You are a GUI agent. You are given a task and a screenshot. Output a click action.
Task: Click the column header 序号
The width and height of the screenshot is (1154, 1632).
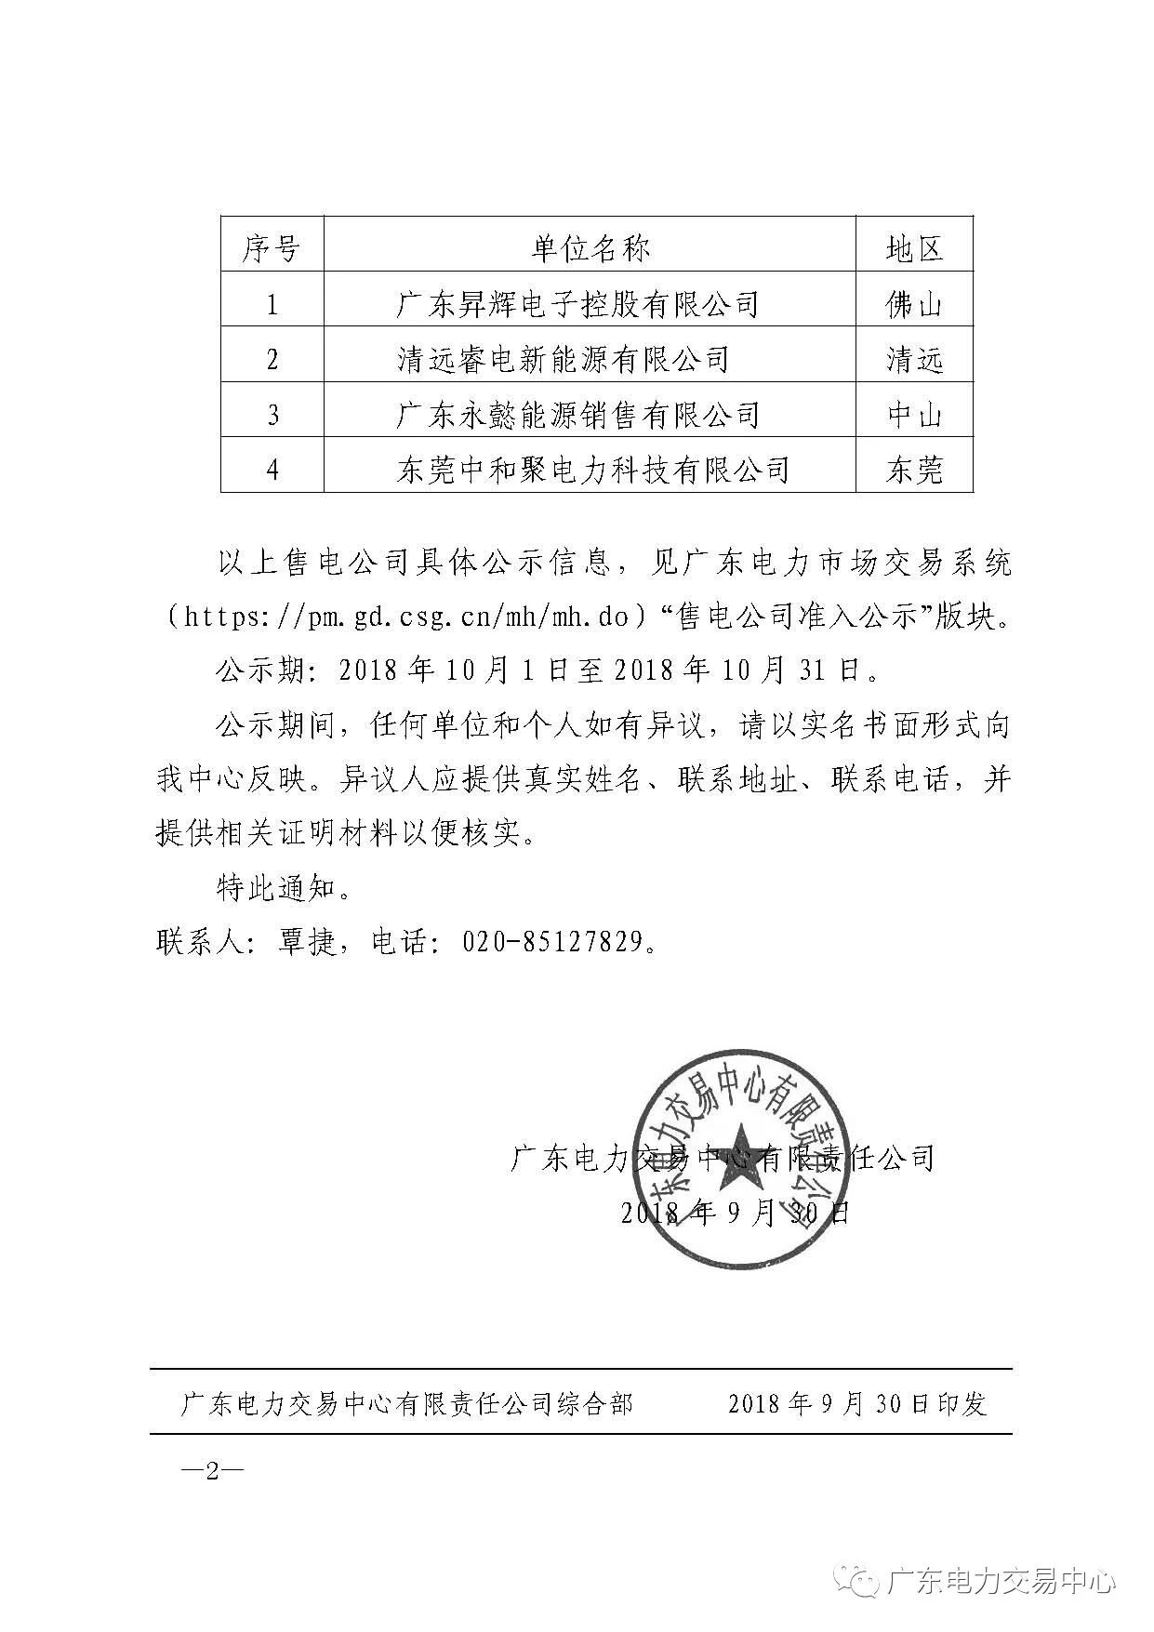(272, 248)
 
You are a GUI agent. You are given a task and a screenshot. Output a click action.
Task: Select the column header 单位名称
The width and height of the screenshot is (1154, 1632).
(590, 248)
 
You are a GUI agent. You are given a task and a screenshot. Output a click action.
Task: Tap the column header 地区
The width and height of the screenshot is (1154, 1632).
(914, 248)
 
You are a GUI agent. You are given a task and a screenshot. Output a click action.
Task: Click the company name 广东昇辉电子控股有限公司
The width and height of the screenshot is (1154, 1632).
(577, 304)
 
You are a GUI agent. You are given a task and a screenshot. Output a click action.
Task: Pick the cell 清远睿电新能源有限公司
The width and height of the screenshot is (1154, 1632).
(562, 359)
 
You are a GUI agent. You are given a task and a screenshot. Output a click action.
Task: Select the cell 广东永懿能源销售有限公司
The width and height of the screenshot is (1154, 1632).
(577, 415)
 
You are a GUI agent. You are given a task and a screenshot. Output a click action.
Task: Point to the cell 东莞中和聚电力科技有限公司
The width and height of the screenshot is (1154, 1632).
(592, 470)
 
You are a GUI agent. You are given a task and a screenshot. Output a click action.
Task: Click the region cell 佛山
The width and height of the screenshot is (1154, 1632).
(914, 304)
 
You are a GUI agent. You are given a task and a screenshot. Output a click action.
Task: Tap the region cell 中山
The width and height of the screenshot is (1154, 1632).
(914, 415)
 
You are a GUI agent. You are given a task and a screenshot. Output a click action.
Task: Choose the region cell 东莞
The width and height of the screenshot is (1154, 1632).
(914, 470)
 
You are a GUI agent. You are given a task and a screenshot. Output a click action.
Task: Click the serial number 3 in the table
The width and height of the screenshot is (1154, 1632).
(272, 415)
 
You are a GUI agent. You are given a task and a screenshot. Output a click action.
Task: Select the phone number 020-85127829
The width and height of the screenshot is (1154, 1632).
(552, 942)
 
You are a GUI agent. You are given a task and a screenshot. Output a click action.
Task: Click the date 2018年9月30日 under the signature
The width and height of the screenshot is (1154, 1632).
(734, 1212)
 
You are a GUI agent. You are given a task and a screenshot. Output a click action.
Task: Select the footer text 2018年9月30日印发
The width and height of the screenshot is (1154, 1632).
(856, 1403)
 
